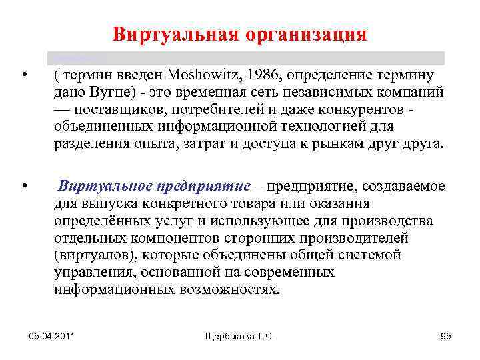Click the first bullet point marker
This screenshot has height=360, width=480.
pyautogui.click(x=24, y=75)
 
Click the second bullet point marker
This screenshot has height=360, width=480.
pyautogui.click(x=24, y=185)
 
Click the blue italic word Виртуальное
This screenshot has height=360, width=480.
pyautogui.click(x=102, y=186)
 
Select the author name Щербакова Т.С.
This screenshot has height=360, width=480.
pyautogui.click(x=239, y=337)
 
